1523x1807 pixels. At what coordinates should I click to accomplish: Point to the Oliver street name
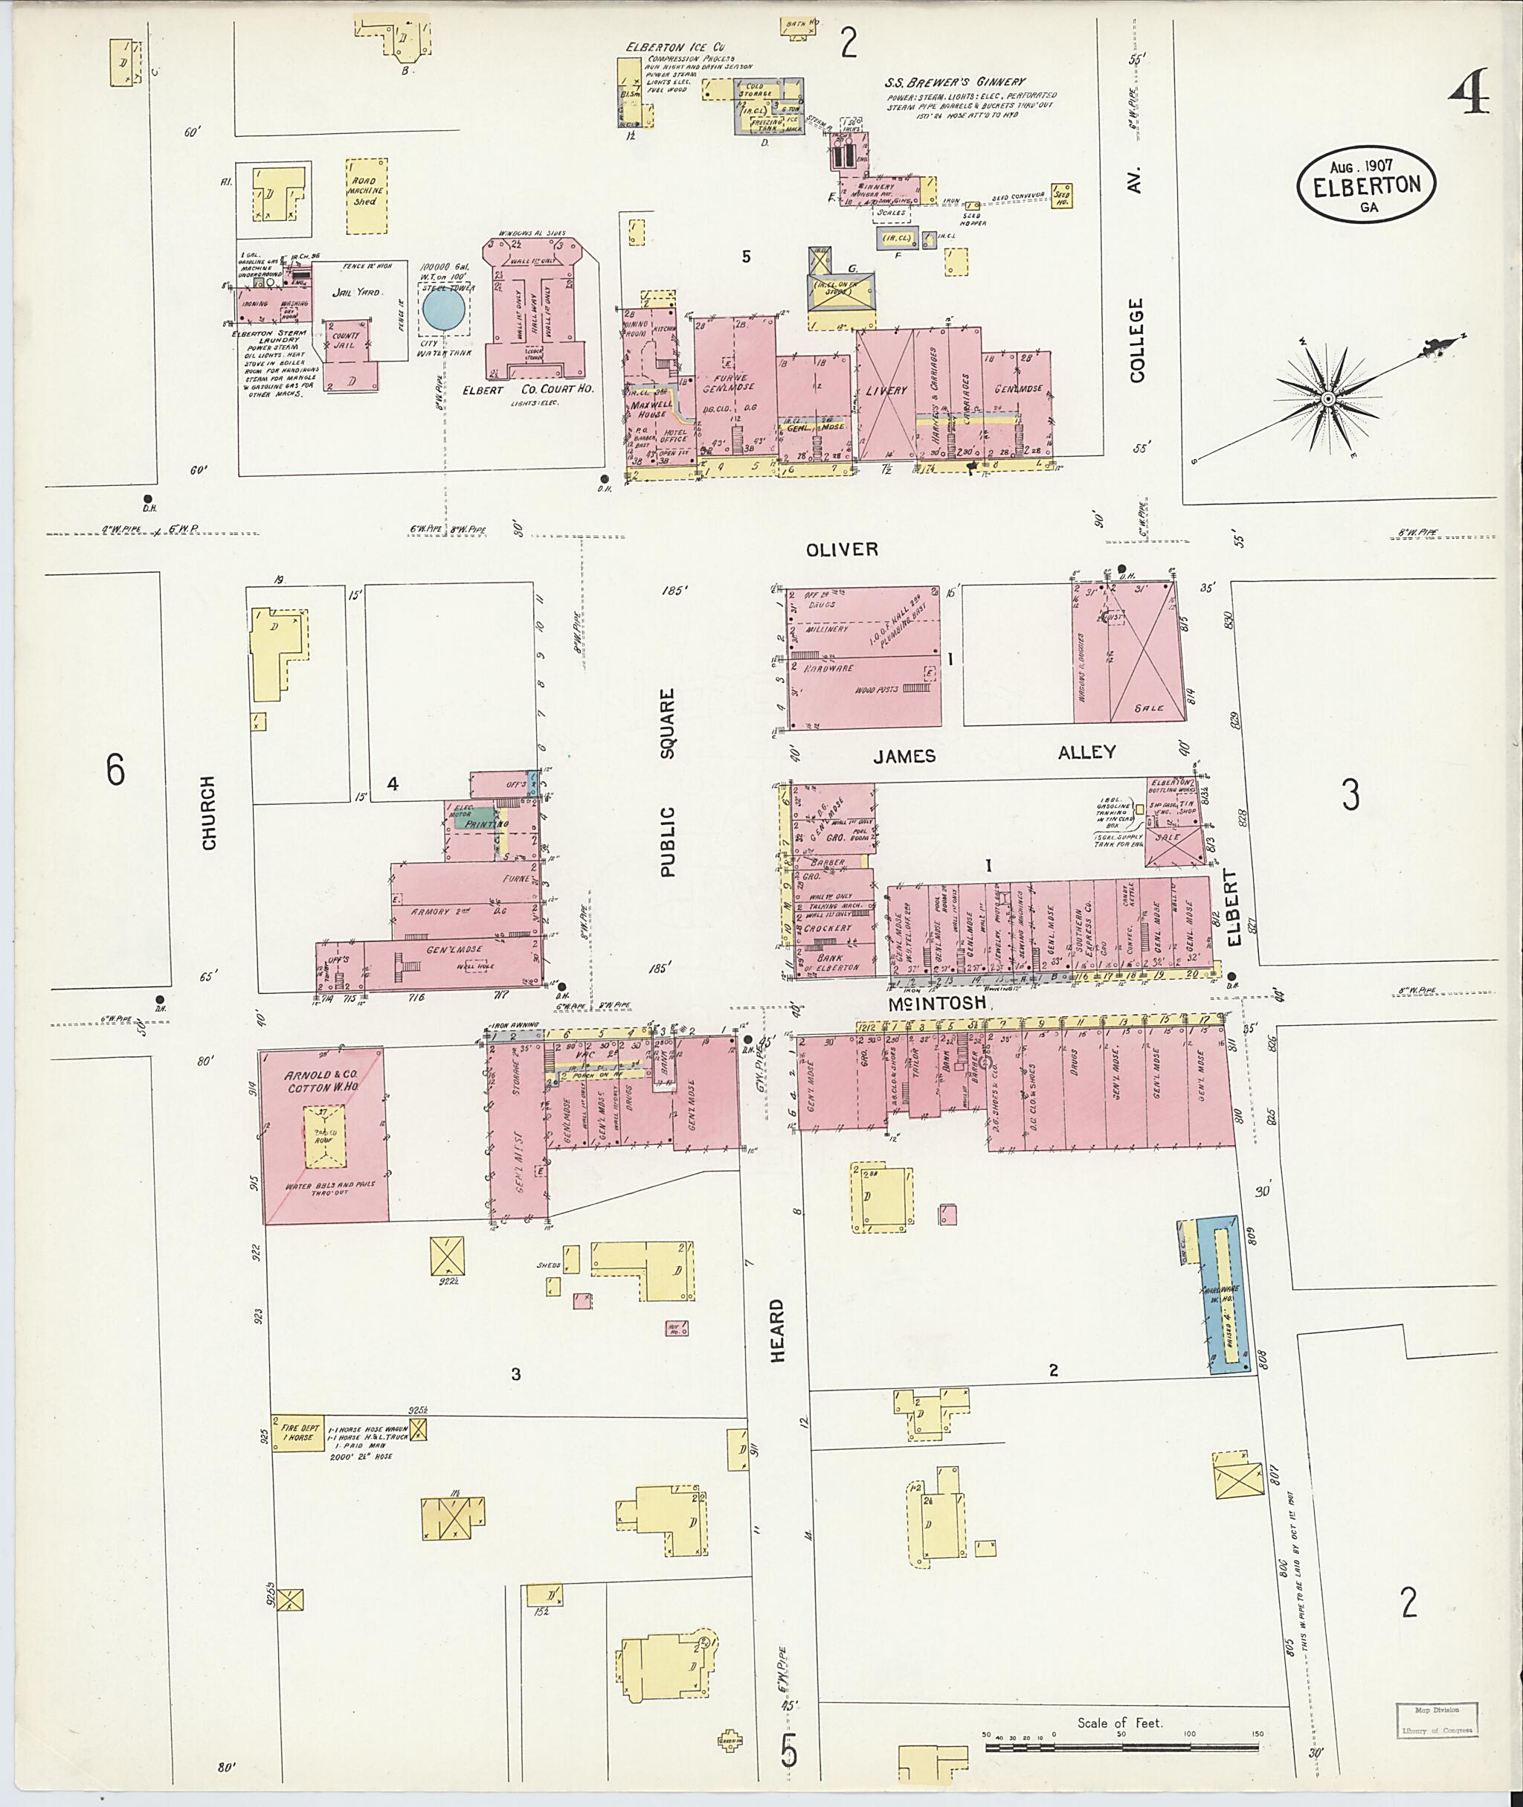(842, 549)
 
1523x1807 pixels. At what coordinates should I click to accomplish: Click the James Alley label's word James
(904, 757)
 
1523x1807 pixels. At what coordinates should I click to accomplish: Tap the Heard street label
(778, 1331)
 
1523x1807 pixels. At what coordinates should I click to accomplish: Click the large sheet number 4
(1469, 95)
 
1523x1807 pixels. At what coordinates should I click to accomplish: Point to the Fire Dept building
(295, 1432)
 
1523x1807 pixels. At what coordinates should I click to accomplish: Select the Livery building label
(886, 391)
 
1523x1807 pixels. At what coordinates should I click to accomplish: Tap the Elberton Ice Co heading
(687, 47)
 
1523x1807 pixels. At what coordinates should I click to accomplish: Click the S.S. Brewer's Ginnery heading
(954, 82)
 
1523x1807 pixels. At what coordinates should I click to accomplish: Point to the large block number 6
(115, 768)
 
